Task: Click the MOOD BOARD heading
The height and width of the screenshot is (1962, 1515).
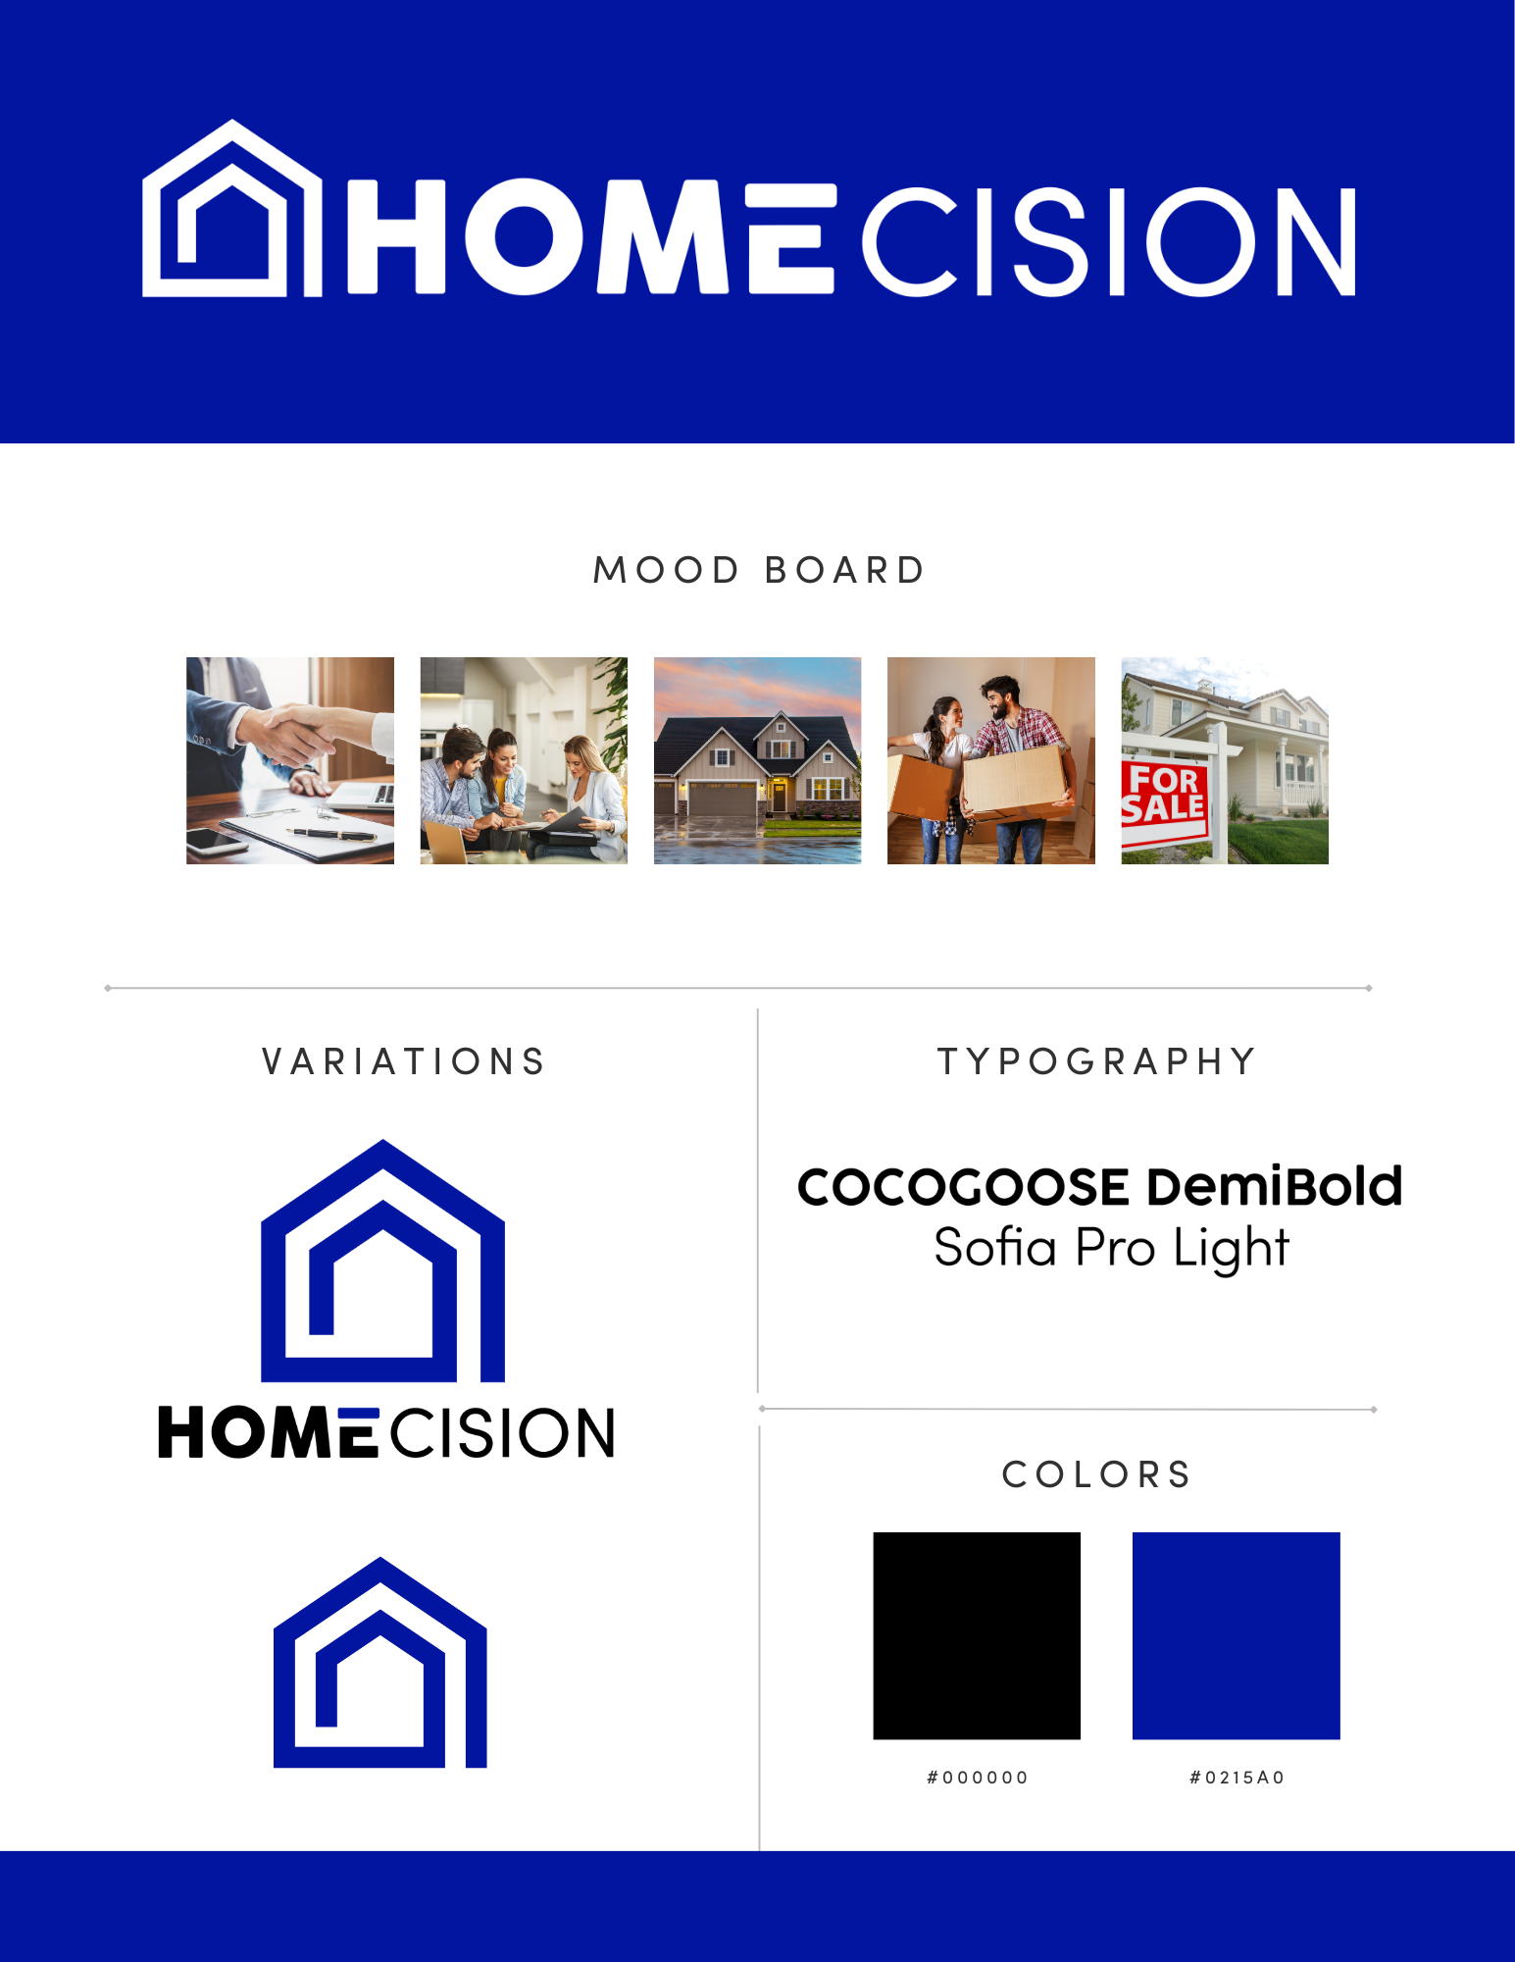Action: pos(759,570)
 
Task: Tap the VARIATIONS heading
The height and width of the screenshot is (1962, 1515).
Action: pos(403,1061)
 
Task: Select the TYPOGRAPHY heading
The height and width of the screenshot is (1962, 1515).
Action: pos(1097,1061)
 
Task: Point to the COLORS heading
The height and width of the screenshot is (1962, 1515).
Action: pos(1096,1474)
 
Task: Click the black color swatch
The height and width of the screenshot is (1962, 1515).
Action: pos(977,1635)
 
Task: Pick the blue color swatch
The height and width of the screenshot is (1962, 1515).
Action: pos(1236,1635)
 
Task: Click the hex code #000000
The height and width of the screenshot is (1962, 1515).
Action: pos(977,1778)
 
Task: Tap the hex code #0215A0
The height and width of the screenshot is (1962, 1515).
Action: pos(1237,1778)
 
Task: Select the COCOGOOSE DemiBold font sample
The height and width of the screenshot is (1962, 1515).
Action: pos(1099,1186)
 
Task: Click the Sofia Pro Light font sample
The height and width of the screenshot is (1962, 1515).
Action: pos(1111,1248)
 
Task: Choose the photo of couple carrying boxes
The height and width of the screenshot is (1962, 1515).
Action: pos(990,760)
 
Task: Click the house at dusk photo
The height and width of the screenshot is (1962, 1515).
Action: pos(757,760)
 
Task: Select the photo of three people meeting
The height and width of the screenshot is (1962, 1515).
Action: pos(524,760)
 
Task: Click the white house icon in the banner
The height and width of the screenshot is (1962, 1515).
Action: pos(231,211)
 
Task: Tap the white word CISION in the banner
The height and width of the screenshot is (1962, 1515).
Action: pos(1109,241)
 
